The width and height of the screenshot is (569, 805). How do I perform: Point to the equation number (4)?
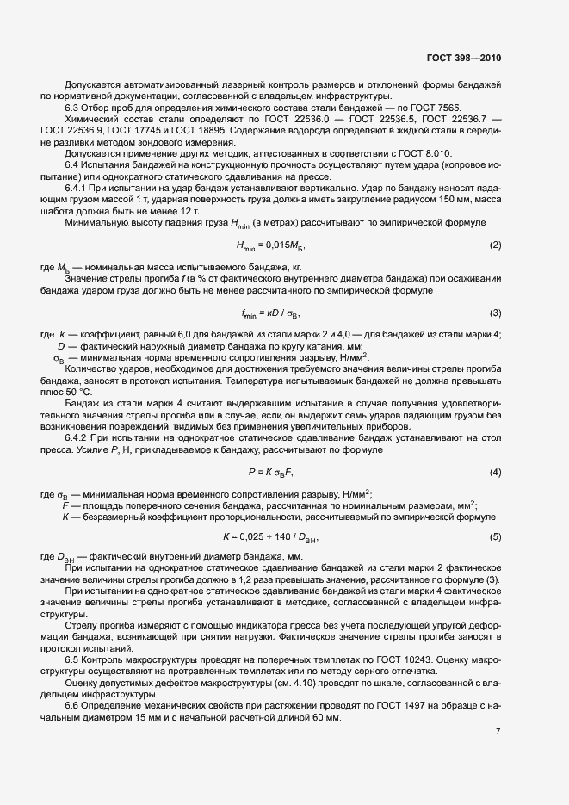tap(495, 473)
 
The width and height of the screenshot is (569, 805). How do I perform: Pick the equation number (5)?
tap(495, 537)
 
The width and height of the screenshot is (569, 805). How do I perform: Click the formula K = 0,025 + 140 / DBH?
tap(270, 538)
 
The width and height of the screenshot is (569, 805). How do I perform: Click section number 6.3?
tap(75, 107)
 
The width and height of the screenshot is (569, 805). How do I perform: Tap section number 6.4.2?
tap(79, 437)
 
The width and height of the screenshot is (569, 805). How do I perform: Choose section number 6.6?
tap(75, 704)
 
